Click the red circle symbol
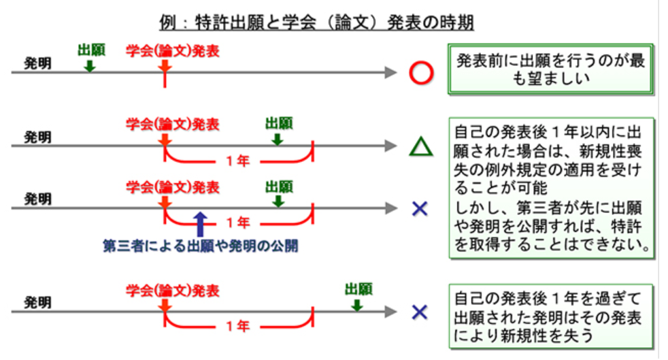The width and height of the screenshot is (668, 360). [x=421, y=73]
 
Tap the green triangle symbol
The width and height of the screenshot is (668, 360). [x=421, y=146]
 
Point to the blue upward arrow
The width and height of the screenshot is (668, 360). [x=199, y=223]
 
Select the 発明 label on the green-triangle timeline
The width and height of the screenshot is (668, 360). [x=38, y=137]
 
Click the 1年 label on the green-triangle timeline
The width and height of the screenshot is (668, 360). [x=238, y=162]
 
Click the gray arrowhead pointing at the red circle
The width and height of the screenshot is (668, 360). [x=390, y=72]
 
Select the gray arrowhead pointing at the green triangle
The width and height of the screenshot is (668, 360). [x=390, y=146]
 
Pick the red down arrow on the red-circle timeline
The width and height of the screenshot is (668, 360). [x=164, y=65]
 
